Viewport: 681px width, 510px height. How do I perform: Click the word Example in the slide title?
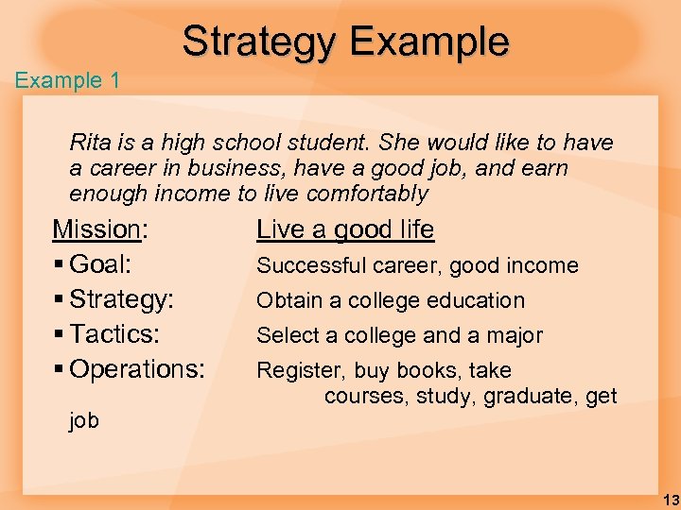[428, 42]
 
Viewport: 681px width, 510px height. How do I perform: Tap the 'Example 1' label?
[67, 80]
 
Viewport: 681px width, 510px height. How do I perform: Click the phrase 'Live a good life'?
[345, 229]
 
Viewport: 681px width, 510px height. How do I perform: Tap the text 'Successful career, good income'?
[417, 265]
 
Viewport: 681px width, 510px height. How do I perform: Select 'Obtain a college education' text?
[391, 300]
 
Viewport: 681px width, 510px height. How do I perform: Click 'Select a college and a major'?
[399, 335]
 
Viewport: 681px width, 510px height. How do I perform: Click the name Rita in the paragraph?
[89, 144]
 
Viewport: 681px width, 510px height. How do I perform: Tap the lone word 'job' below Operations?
[84, 420]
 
